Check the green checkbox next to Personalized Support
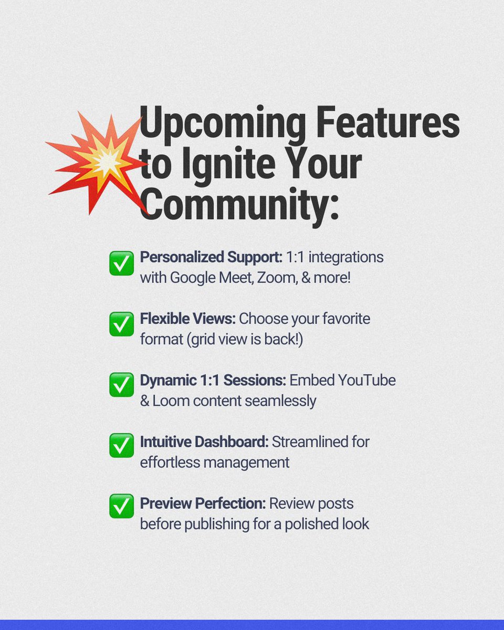tap(121, 262)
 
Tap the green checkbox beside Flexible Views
tap(121, 324)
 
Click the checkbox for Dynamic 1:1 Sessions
tap(121, 385)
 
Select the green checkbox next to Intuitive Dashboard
tap(121, 447)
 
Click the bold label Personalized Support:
tap(211, 258)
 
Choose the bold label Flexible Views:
tap(187, 319)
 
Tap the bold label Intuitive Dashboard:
tap(204, 442)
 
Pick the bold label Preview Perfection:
tap(203, 503)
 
